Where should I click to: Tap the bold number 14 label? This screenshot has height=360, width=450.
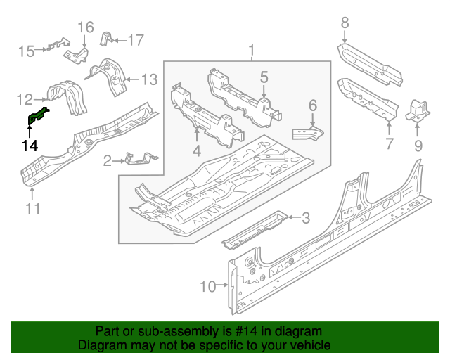[30, 146]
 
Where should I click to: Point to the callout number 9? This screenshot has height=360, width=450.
[418, 146]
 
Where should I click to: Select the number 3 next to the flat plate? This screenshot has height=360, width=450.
[305, 218]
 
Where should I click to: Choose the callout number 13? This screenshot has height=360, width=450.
[150, 79]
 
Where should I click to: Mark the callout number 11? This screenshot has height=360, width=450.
[32, 207]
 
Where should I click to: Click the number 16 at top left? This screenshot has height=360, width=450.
[85, 27]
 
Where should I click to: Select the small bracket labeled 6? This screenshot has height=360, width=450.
[310, 132]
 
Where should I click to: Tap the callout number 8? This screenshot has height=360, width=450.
[345, 23]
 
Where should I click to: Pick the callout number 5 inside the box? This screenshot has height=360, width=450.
[264, 77]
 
